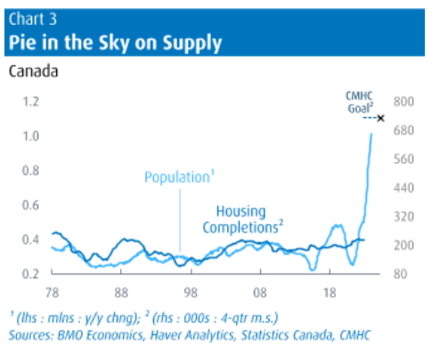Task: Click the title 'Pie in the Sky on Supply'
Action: (115, 41)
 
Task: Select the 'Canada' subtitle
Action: (33, 70)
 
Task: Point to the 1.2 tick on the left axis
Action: (32, 102)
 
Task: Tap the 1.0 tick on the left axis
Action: (32, 136)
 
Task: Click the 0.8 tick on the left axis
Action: (32, 171)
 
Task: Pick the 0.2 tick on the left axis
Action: (32, 274)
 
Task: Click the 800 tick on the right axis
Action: (405, 102)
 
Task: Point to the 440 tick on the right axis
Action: (405, 188)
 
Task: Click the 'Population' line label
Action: (176, 177)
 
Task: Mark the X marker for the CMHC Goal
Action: (380, 119)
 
